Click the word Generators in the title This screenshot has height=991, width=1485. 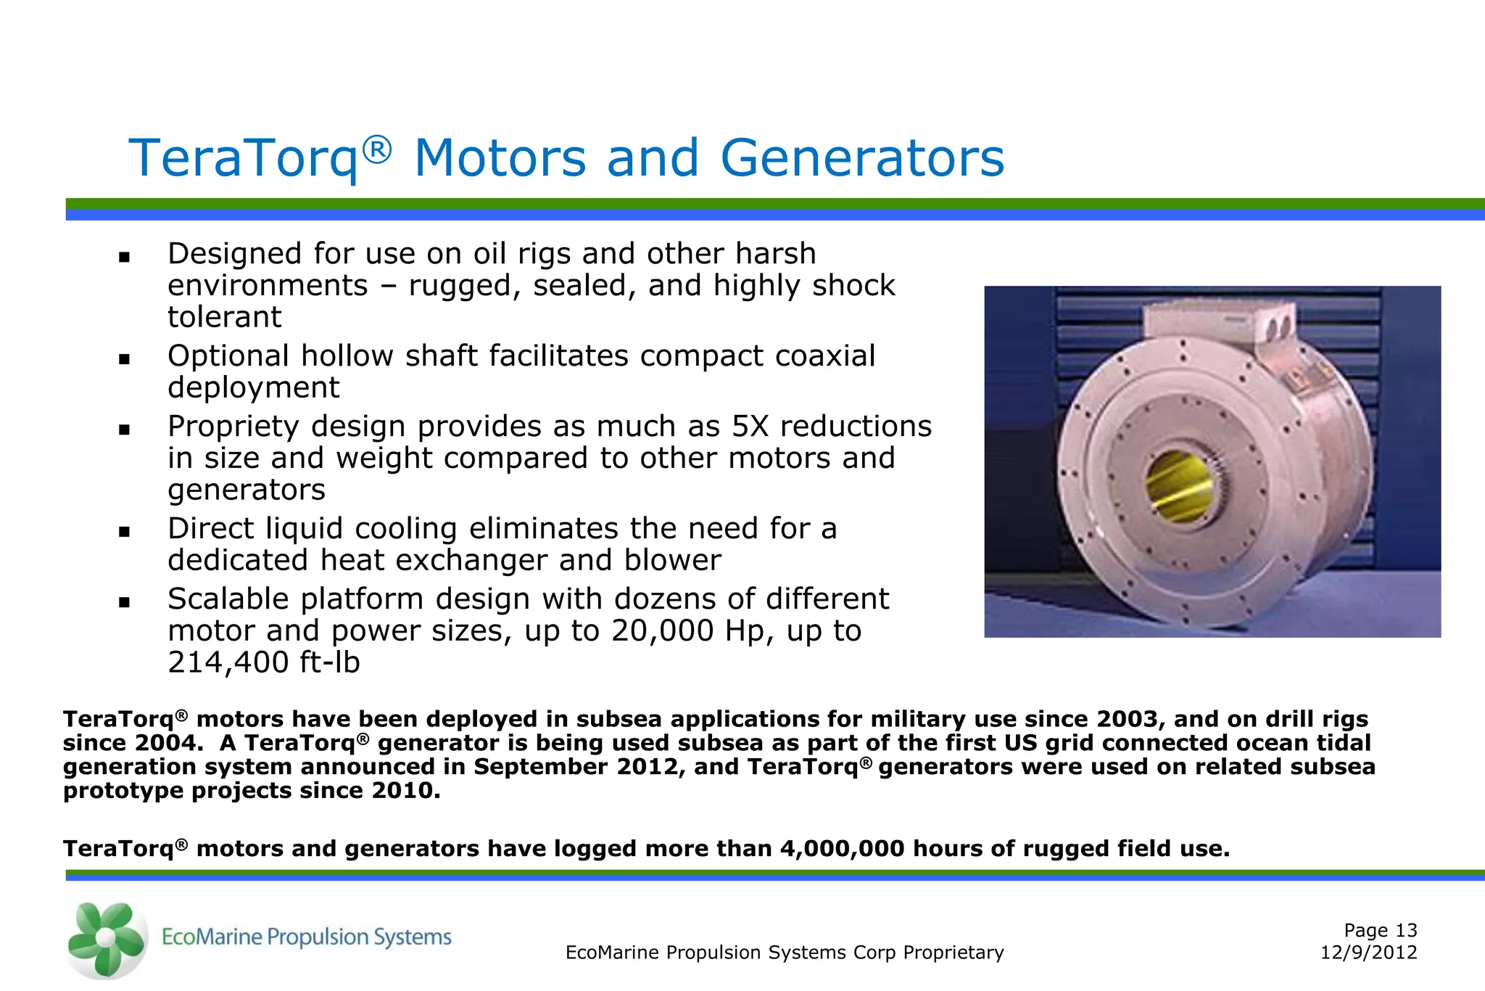click(x=862, y=158)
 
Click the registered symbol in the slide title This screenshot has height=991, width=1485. click(x=377, y=149)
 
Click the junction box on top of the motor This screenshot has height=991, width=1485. click(x=1218, y=323)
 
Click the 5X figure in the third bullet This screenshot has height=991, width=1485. click(x=749, y=427)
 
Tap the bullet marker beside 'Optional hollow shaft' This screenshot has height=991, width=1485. click(x=124, y=358)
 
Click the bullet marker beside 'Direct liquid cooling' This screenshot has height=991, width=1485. click(x=124, y=531)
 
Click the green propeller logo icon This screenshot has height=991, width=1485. click(x=106, y=939)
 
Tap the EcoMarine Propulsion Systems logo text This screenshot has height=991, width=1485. click(x=306, y=937)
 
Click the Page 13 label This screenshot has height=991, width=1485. click(x=1380, y=930)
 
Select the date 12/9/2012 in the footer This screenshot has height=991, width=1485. click(x=1368, y=953)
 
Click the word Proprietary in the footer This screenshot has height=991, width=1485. click(x=954, y=953)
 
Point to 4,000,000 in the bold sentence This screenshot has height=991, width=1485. click(x=842, y=849)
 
